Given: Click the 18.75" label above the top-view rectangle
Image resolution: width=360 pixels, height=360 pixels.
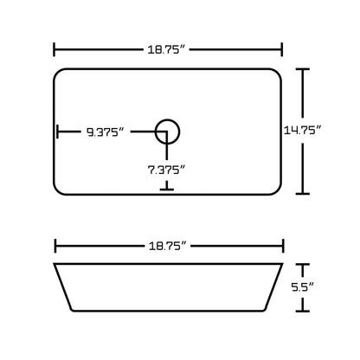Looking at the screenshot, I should [169, 50].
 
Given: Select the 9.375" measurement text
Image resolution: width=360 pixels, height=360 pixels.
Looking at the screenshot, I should [105, 132].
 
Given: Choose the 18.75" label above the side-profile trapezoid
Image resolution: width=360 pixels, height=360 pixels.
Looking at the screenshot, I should [169, 245].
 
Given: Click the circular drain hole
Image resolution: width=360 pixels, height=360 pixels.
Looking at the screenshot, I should [167, 132].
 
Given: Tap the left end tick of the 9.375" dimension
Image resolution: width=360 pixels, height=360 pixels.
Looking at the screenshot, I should [58, 132].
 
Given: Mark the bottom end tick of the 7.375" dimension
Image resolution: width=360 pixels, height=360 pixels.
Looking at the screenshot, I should [167, 188].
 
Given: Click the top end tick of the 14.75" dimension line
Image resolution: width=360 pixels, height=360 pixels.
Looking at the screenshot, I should [302, 69].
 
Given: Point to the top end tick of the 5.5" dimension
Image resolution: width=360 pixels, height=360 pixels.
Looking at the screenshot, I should [302, 264].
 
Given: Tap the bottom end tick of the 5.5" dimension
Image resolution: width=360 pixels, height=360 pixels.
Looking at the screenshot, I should [302, 308].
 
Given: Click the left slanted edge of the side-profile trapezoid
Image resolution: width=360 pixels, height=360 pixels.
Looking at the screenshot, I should [65, 286].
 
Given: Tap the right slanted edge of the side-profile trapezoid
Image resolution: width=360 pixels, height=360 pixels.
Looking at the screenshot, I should [272, 286].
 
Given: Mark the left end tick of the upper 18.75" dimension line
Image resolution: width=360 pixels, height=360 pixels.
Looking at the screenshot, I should [55, 50].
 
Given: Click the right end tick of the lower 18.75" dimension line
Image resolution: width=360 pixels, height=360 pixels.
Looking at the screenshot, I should [282, 245].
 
